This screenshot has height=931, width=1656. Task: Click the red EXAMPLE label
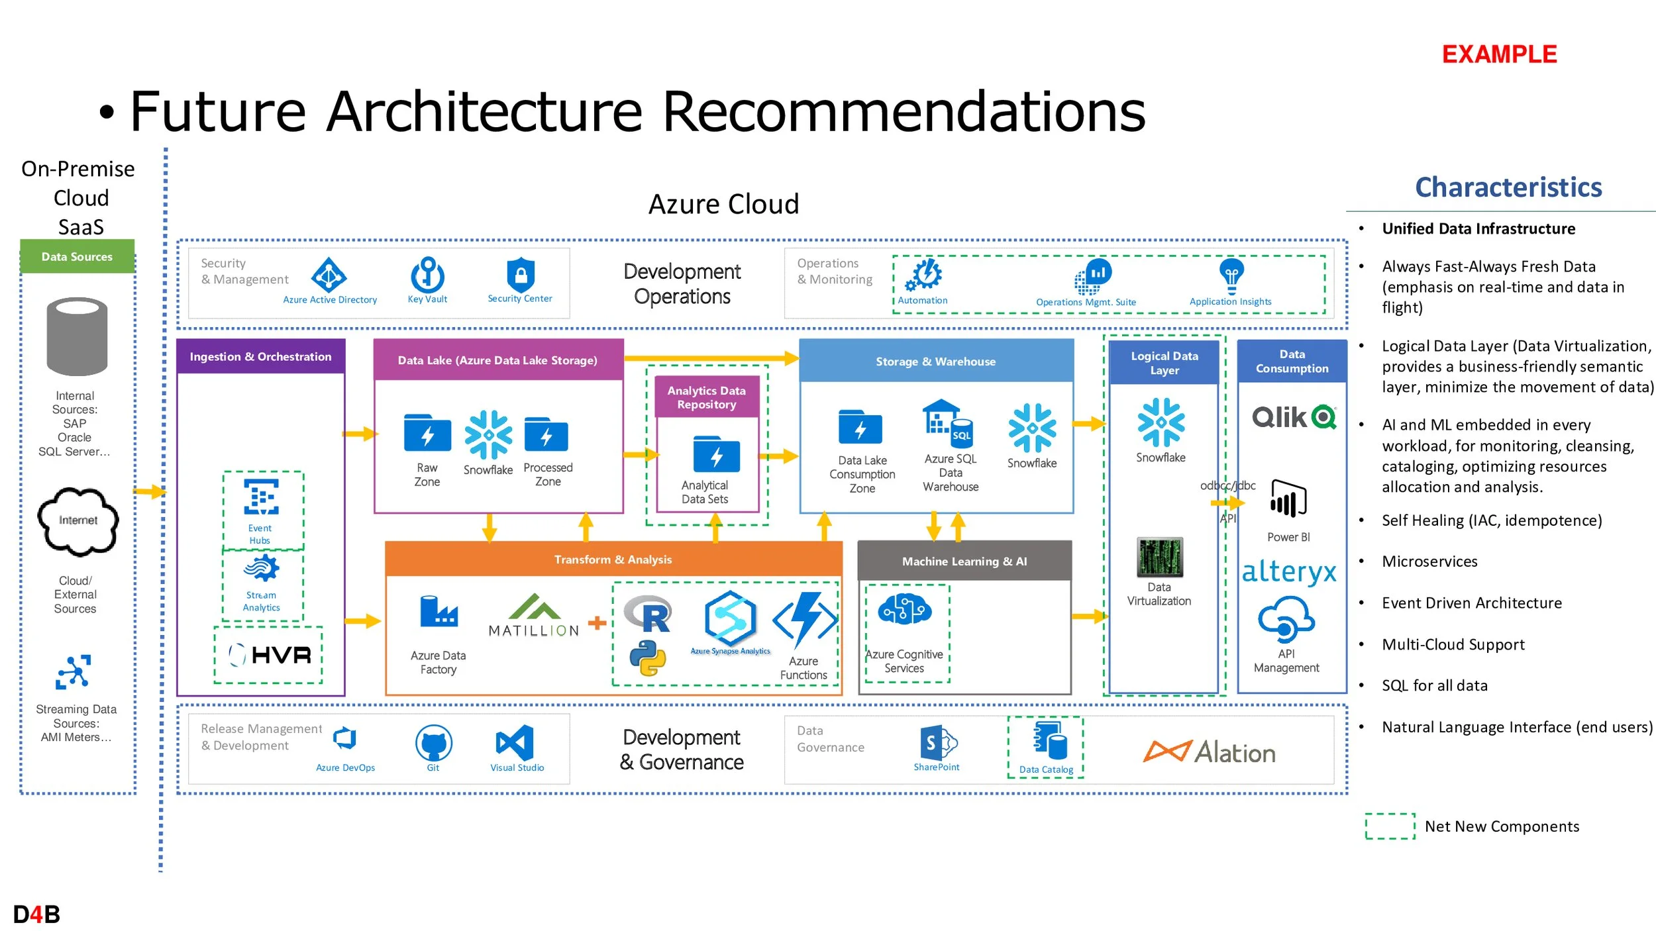point(1499,54)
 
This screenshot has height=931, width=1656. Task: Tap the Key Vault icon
point(428,275)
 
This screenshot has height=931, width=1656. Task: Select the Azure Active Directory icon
point(329,275)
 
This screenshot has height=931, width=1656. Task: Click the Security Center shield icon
point(521,274)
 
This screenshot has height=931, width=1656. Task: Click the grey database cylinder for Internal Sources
point(77,336)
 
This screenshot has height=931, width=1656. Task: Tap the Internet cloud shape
point(78,521)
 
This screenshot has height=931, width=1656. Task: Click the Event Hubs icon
point(261,497)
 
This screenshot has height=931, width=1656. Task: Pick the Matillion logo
point(534,616)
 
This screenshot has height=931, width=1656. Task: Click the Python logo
point(647,658)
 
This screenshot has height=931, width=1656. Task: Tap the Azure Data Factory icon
point(439,612)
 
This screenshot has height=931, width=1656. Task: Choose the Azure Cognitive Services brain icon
point(904,610)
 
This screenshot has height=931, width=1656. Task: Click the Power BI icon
point(1288,499)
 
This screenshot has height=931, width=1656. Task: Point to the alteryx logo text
point(1289,571)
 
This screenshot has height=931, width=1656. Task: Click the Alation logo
point(1210,752)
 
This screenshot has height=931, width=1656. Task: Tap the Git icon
point(433,743)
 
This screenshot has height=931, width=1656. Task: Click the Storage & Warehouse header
point(935,362)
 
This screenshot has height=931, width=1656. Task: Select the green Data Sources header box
point(77,257)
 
